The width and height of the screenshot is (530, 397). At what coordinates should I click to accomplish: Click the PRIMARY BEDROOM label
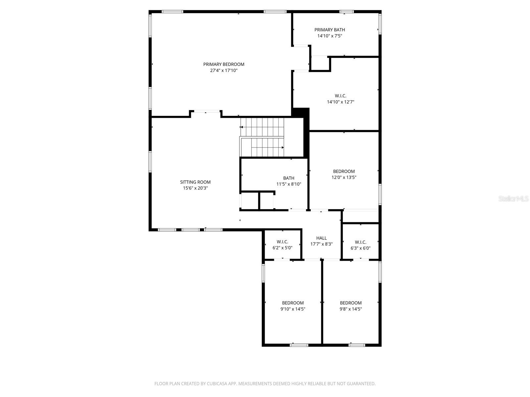coord(224,64)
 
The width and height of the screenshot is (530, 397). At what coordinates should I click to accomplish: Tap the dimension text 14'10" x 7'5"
coord(330,36)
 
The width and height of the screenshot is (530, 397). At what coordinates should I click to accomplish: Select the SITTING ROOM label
coord(195,182)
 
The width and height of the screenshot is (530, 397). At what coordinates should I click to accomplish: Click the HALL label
coord(321,238)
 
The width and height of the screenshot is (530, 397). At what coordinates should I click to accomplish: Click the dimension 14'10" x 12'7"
coord(341,102)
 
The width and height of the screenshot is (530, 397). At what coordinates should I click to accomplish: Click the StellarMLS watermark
coord(513,198)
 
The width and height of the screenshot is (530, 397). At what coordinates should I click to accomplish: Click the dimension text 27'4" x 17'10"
coord(224,70)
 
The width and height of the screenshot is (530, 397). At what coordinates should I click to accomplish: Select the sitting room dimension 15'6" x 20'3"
coord(195,188)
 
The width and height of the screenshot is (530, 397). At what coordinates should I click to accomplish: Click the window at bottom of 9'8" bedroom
coord(357,345)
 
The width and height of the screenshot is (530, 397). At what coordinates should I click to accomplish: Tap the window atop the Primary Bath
coord(346,12)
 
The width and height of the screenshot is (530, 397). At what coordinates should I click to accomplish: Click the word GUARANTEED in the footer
coord(361,384)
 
